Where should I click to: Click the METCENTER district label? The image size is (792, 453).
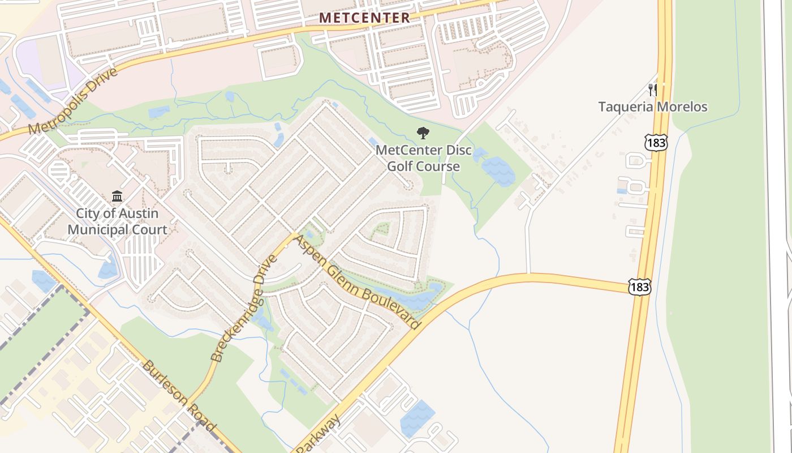point(364,18)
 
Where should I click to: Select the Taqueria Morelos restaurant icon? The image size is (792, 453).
point(653,89)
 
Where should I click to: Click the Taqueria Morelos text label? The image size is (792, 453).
point(653,106)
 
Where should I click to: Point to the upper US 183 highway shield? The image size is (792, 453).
point(656,142)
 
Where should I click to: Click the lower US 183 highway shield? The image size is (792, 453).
point(639,287)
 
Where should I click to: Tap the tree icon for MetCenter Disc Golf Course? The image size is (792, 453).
point(423,134)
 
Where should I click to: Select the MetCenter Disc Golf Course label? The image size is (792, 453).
point(423,159)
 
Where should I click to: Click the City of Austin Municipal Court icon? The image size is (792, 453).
point(117,196)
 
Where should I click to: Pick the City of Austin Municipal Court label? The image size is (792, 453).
point(117,221)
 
